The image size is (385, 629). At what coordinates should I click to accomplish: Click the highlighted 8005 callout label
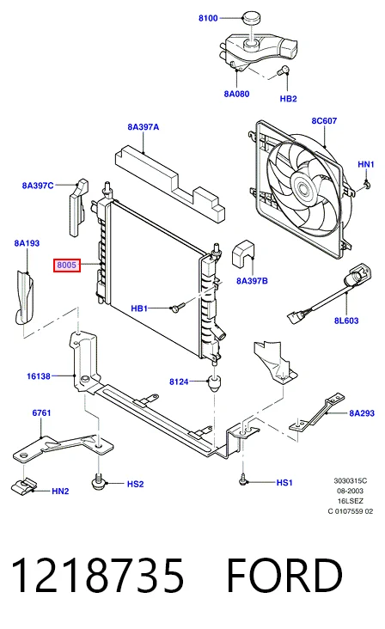(67, 266)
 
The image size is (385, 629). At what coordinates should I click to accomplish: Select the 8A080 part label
(236, 94)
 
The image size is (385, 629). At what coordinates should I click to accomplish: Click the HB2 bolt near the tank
(283, 71)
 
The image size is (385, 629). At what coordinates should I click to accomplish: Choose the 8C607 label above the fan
(324, 121)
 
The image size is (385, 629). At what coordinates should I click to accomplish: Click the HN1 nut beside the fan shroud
(367, 185)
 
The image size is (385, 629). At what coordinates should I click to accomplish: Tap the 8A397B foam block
(243, 253)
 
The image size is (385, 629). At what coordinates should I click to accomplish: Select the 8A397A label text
(144, 127)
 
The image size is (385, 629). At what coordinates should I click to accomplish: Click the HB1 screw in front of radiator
(177, 308)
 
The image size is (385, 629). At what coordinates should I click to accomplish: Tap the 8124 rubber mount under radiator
(215, 383)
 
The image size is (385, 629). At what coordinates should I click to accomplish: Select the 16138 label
(39, 376)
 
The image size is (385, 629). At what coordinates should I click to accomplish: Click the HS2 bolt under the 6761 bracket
(97, 480)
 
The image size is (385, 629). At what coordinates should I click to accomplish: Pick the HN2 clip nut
(22, 485)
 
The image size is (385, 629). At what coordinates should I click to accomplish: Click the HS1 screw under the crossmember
(242, 479)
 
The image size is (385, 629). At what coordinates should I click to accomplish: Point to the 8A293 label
(362, 413)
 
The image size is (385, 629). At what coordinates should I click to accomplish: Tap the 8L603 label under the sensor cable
(346, 321)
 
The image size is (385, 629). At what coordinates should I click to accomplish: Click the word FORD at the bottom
(284, 575)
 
